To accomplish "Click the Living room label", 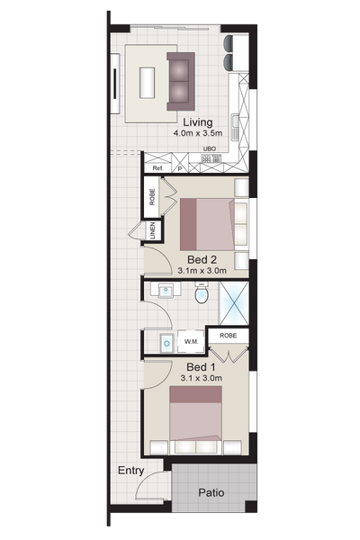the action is (197, 122).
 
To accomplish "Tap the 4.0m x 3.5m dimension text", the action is (197, 133).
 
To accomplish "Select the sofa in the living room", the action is (181, 81).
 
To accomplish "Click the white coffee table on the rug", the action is (147, 82).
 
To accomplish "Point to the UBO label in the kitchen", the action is (210, 148).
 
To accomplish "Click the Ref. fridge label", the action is (157, 168).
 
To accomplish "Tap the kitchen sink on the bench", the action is (236, 127).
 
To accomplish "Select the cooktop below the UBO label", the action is (211, 158).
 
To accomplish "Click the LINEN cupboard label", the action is (153, 230).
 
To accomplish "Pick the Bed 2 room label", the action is (202, 259).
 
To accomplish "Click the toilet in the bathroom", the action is (202, 292).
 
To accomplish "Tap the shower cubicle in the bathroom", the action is (234, 303).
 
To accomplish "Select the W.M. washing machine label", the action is (191, 342).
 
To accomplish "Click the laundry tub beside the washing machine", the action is (167, 343).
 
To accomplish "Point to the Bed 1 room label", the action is (202, 367).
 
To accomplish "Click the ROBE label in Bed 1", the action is (228, 336).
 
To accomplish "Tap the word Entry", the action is (130, 471).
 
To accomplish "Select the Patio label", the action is (211, 493).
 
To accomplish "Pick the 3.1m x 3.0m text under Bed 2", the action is (202, 271).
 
